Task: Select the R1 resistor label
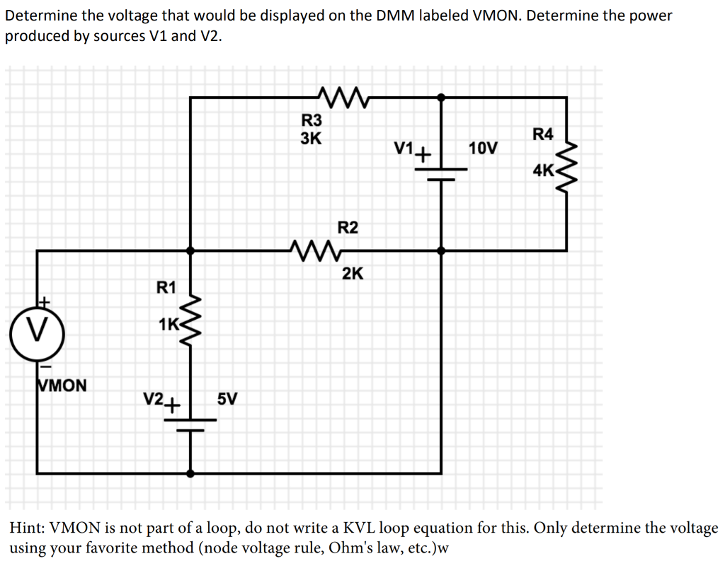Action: click(x=166, y=287)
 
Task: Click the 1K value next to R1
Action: click(x=169, y=325)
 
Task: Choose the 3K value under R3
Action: click(x=311, y=138)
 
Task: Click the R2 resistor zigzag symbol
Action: click(x=316, y=250)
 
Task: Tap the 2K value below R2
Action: click(x=353, y=274)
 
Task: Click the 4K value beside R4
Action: click(x=544, y=170)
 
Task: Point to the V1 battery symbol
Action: click(x=442, y=174)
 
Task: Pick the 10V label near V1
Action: click(x=483, y=149)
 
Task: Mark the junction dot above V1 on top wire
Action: click(x=442, y=97)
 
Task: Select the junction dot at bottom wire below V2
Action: click(x=190, y=473)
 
